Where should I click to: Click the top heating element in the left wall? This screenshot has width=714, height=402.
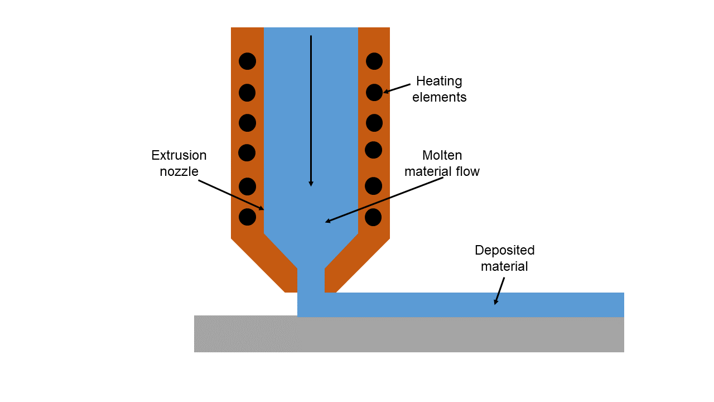click(x=247, y=61)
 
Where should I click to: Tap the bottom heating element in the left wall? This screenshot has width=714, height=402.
click(x=247, y=217)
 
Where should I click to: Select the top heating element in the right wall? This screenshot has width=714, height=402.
click(x=374, y=61)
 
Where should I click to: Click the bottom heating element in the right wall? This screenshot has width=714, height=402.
click(x=373, y=217)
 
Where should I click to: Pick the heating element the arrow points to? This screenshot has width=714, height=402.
click(x=374, y=93)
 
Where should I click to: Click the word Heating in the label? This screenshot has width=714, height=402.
click(x=439, y=82)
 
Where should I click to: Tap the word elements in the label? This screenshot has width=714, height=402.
click(x=439, y=97)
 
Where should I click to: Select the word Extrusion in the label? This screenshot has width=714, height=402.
click(x=178, y=155)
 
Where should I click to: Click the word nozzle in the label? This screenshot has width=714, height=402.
click(x=178, y=171)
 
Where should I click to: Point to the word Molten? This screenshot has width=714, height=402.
click(x=442, y=155)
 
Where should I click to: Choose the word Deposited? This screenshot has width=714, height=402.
click(x=504, y=250)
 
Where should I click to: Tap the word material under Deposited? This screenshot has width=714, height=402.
click(x=504, y=266)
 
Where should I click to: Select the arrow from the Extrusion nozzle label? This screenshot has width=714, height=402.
click(x=231, y=194)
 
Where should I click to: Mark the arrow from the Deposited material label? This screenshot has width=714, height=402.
click(x=500, y=290)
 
